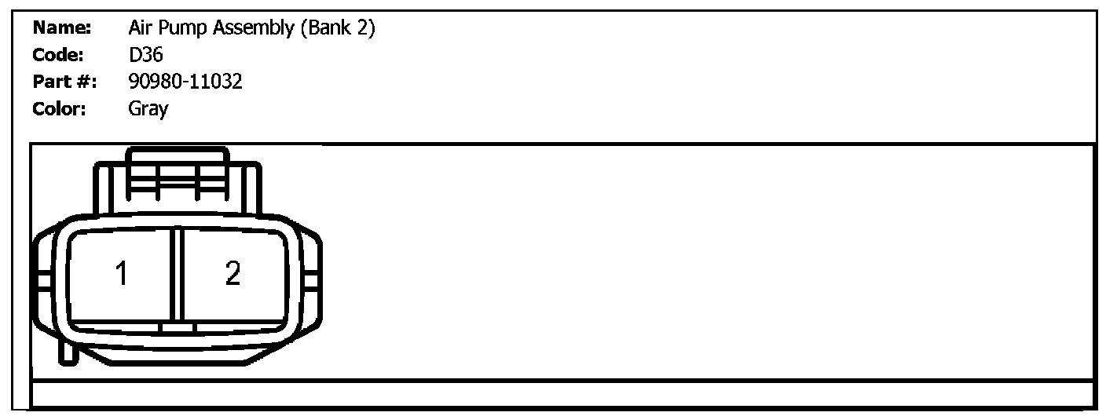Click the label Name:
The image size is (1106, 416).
click(x=63, y=29)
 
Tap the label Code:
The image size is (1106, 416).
click(x=60, y=55)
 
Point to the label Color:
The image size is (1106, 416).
click(x=60, y=108)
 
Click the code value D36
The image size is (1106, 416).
click(x=145, y=55)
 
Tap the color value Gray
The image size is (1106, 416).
click(x=148, y=108)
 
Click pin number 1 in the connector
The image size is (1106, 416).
click(x=121, y=274)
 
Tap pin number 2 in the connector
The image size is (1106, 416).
click(x=233, y=274)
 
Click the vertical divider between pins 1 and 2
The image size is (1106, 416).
click(x=178, y=274)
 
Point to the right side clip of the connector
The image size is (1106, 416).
click(x=312, y=280)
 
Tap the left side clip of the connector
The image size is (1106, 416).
click(x=41, y=280)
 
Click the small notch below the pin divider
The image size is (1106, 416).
click(x=178, y=327)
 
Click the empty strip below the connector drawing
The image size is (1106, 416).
click(x=562, y=393)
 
